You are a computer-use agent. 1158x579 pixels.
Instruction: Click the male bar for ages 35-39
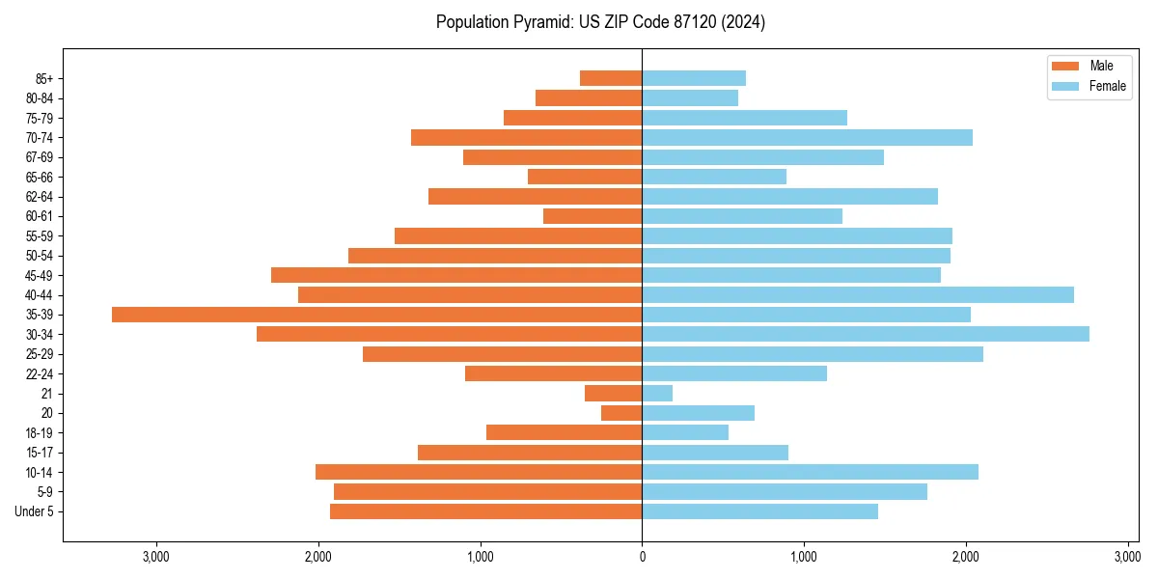(x=376, y=315)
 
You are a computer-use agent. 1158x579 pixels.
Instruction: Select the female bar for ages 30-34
(x=866, y=334)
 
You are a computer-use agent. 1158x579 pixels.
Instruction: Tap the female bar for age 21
(x=657, y=394)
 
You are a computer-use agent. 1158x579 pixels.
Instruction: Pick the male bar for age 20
(x=621, y=413)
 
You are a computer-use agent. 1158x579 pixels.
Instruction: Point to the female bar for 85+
(x=694, y=78)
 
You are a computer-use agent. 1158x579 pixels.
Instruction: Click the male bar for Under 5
(x=485, y=511)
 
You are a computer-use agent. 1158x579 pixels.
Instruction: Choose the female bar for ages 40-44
(x=858, y=295)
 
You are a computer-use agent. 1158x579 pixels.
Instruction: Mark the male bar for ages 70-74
(x=526, y=138)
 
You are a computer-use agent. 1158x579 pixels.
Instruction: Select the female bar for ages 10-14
(x=811, y=472)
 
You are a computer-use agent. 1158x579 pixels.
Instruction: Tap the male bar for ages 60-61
(x=593, y=216)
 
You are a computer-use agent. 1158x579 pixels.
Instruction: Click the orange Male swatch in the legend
(x=1065, y=66)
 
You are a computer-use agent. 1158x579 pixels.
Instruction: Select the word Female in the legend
(x=1108, y=86)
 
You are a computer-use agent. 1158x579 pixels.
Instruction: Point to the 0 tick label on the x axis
(x=642, y=557)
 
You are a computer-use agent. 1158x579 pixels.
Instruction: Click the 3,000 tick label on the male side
(x=156, y=557)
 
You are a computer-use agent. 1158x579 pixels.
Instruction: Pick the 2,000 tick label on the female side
(x=966, y=557)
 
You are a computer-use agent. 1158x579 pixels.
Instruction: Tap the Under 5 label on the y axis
(x=34, y=511)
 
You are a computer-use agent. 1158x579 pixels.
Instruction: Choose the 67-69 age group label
(x=40, y=157)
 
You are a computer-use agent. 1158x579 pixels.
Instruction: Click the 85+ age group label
(x=44, y=78)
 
